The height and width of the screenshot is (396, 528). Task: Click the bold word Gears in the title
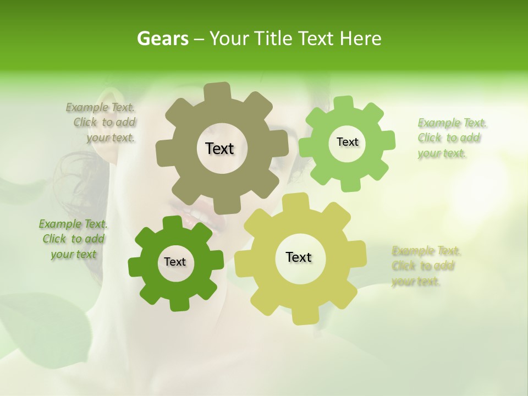coord(162,38)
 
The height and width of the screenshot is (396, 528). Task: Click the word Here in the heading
coord(360,38)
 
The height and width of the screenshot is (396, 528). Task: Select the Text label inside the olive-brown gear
coord(219,148)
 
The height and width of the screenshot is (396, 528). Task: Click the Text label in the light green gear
coord(347,142)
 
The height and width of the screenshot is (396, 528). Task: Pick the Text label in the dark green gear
coord(175,262)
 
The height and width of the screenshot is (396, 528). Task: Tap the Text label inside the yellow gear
coord(299,257)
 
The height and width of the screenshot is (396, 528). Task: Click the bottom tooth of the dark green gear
coord(178,305)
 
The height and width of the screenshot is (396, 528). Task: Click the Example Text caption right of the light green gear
coord(452,138)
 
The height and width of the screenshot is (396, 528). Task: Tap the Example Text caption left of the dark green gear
coord(73,239)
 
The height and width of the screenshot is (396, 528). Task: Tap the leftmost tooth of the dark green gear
coord(135,266)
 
